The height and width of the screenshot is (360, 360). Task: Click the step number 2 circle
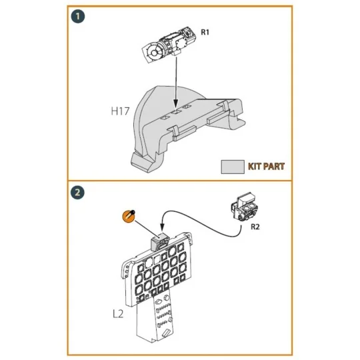[79, 193]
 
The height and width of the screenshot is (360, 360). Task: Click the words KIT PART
[266, 166]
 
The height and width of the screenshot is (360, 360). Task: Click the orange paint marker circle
[129, 217]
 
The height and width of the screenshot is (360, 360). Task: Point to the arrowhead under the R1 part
[175, 104]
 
